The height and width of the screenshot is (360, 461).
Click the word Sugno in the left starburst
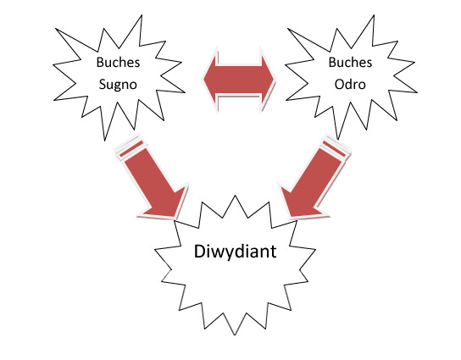[x=118, y=85]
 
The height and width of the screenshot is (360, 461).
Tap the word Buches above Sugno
[x=118, y=63]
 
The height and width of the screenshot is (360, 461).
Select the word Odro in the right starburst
[x=350, y=85]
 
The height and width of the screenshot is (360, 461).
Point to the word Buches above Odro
[x=350, y=63]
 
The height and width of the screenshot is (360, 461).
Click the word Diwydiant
[x=236, y=252]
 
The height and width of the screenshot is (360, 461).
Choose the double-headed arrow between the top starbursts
[x=239, y=79]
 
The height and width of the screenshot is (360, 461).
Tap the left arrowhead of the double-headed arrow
[x=210, y=79]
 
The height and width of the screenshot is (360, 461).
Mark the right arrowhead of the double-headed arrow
[x=268, y=79]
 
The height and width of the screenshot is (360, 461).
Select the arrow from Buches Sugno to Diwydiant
[x=152, y=177]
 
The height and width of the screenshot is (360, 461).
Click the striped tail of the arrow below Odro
[x=336, y=147]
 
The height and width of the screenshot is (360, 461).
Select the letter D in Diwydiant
[x=200, y=251]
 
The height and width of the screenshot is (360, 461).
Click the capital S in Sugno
[x=103, y=85]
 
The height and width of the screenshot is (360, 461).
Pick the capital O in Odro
[x=340, y=85]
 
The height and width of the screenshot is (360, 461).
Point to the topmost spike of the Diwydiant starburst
[x=235, y=196]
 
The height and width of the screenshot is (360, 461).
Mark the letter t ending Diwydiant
[x=273, y=252]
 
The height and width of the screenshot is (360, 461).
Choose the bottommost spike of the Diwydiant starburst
[x=235, y=335]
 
